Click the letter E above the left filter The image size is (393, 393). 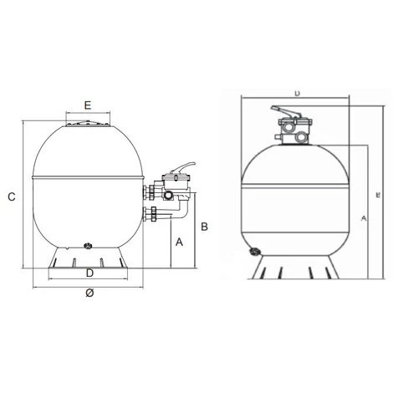point(87,105)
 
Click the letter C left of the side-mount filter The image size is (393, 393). point(11,197)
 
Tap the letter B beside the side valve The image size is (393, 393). point(203,225)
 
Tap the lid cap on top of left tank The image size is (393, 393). point(88,125)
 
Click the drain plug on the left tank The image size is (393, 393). point(89,247)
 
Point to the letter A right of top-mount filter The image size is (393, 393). point(362,217)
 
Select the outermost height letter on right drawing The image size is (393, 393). point(379,195)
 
